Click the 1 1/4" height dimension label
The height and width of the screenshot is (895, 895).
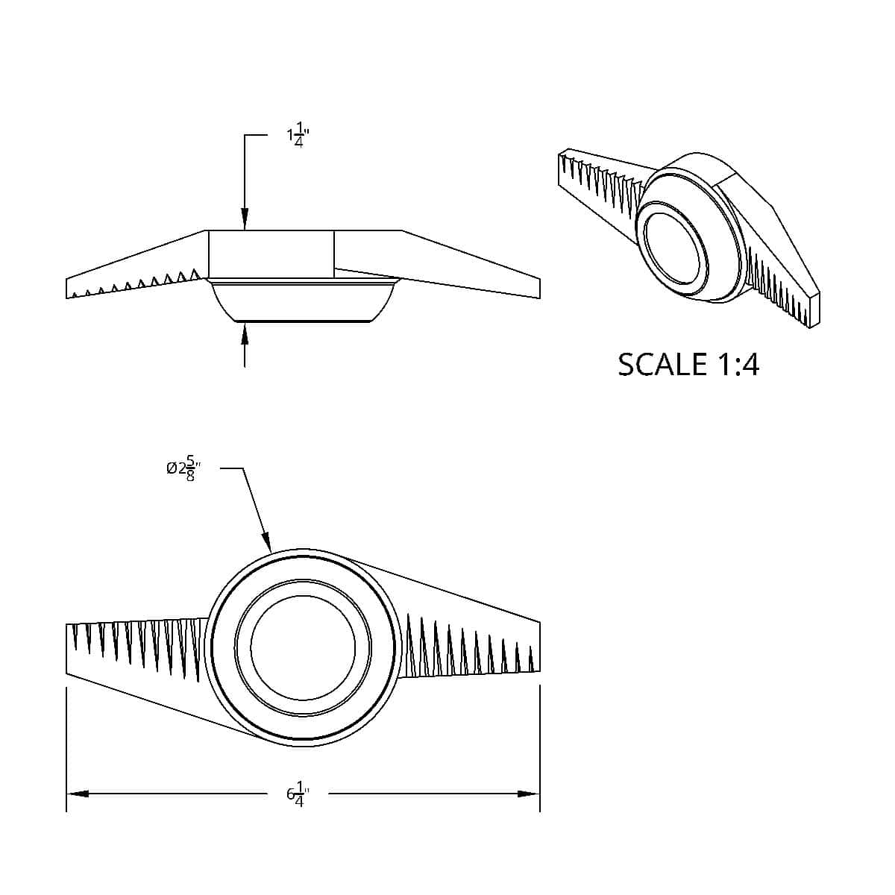(x=298, y=135)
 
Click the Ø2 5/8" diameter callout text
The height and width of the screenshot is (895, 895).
(x=184, y=468)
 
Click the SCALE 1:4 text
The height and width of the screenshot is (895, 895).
(x=688, y=365)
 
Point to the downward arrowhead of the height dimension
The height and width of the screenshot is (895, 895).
(x=245, y=219)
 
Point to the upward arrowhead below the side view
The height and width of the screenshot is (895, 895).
(x=245, y=333)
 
